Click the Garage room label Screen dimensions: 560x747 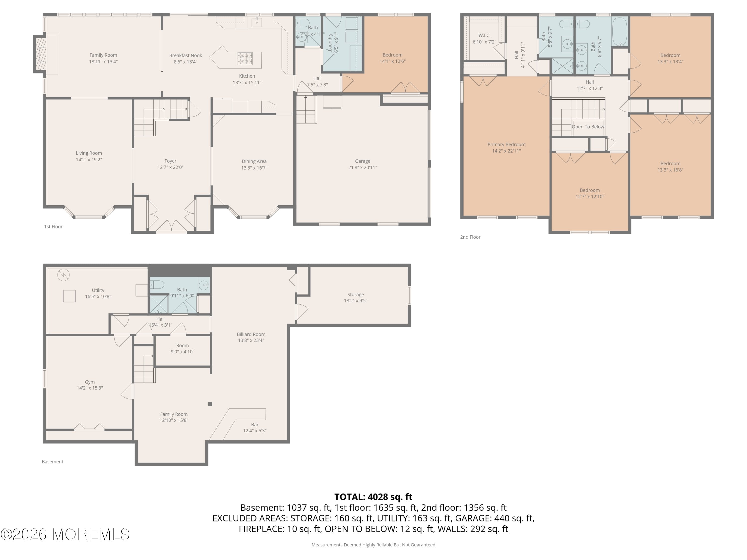coord(362,161)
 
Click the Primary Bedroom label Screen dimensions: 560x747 coord(506,144)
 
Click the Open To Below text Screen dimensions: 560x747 coord(588,127)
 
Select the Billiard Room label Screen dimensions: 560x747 coord(251,334)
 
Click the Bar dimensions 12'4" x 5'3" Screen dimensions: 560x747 coord(255,431)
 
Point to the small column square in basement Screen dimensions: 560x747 coord(210,404)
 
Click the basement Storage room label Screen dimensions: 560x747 coord(355,294)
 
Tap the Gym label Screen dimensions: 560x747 coord(89,382)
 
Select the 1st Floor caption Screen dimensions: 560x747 coord(53,226)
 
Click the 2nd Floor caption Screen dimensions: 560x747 coord(470,237)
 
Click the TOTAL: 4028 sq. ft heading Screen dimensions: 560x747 coord(373,497)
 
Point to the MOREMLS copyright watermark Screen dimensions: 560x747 coord(65,534)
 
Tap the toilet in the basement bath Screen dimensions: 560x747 coord(157,285)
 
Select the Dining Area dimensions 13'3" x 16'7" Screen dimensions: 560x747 coord(254,168)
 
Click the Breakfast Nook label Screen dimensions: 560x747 coord(186,55)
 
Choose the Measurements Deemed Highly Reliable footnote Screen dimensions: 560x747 coord(373,545)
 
